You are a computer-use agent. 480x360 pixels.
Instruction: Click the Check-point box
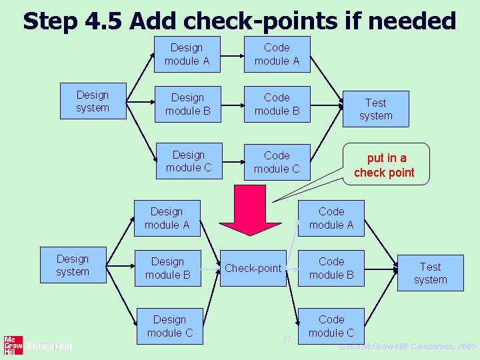tap(253, 268)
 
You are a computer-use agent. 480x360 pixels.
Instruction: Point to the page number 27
tap(286, 340)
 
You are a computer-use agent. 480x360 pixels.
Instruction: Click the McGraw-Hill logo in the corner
tap(13, 345)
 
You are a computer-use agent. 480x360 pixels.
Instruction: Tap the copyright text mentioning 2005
tap(407, 347)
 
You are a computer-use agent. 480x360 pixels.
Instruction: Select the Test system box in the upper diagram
tap(375, 109)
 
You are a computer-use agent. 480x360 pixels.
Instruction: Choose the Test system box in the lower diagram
tap(430, 273)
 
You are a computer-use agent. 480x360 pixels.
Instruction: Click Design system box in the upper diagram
tap(93, 102)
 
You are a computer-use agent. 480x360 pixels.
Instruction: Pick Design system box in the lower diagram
tap(73, 265)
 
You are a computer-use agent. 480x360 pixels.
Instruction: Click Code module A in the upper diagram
tap(277, 54)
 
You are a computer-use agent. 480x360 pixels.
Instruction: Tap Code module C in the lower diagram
tap(331, 326)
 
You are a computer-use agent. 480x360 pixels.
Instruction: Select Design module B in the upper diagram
tap(187, 105)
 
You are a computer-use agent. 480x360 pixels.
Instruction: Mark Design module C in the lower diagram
tap(169, 326)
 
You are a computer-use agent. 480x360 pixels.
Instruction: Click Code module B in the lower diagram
tap(331, 268)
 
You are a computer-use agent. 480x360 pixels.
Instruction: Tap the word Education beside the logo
tap(49, 346)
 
